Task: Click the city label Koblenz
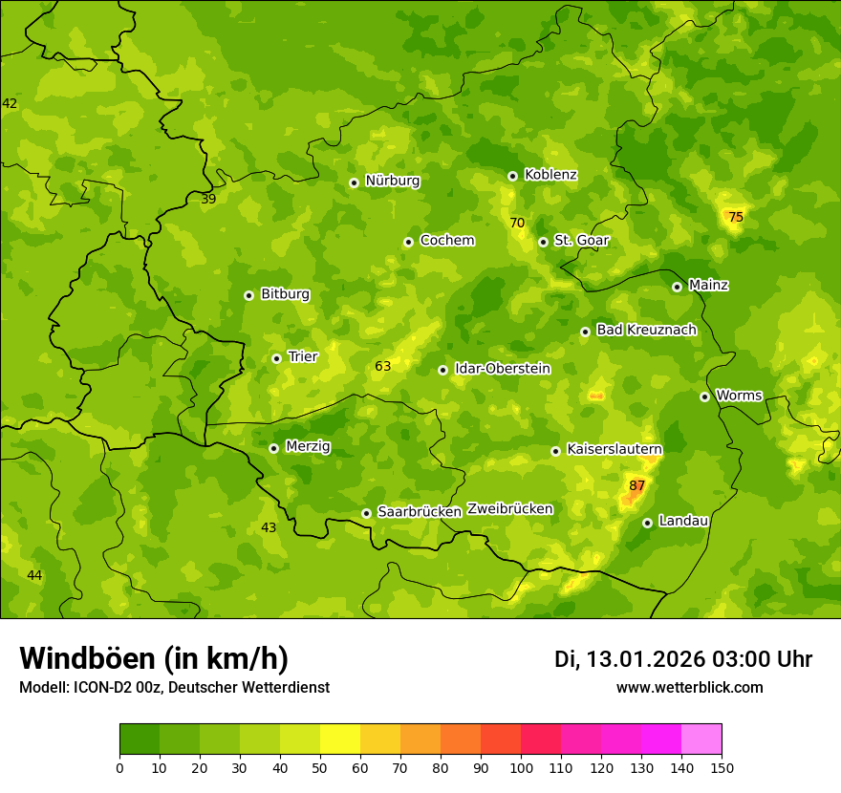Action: pos(550,175)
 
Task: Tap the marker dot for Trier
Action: pos(276,358)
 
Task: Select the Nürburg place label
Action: pos(392,181)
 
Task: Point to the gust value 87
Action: pos(637,486)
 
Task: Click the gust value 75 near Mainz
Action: pos(736,218)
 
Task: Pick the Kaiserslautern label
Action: pos(615,449)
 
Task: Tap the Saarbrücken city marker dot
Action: pos(366,513)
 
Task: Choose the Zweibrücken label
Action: pos(509,509)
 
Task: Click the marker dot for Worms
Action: pos(704,396)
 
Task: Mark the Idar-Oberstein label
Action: pos(502,369)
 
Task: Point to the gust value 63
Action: pos(383,367)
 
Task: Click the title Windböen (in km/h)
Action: pos(154,658)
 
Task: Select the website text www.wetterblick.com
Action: pos(689,688)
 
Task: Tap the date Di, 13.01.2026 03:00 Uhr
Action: pos(682,659)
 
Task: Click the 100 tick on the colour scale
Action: pos(521,768)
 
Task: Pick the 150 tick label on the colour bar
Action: pos(722,768)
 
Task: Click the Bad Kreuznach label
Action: pos(646,330)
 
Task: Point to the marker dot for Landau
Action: pos(647,523)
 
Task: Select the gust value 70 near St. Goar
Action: pos(517,224)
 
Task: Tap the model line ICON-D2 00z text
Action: pos(174,688)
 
